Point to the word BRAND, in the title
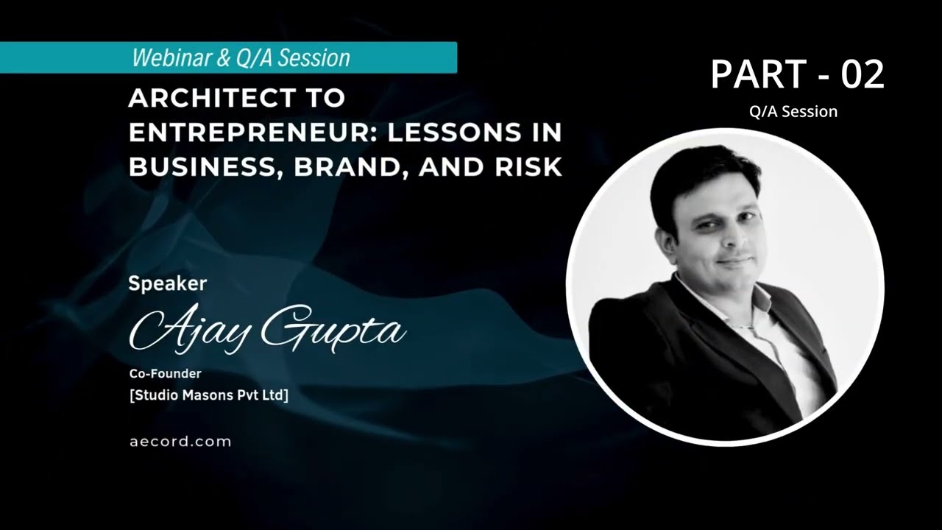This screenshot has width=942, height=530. [x=349, y=168]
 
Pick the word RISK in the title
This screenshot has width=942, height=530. [x=527, y=168]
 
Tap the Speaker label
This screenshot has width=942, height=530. [x=167, y=283]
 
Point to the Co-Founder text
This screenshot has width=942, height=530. [x=165, y=374]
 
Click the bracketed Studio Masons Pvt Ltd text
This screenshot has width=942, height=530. [x=209, y=395]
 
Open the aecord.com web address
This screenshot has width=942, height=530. [x=180, y=442]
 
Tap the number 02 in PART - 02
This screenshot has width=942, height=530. [x=863, y=75]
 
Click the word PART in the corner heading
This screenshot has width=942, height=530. [x=758, y=75]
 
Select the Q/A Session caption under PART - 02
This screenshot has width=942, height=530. [x=793, y=112]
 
